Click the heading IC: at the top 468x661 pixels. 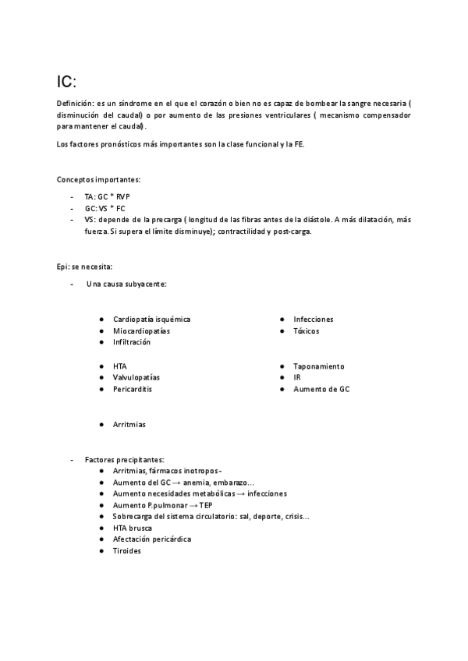click(x=67, y=82)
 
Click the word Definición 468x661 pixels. click(x=75, y=104)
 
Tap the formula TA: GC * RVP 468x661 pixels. click(x=108, y=196)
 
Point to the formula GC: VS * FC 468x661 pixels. click(x=105, y=208)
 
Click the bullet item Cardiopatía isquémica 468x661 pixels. click(x=151, y=320)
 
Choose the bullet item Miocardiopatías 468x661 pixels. click(x=141, y=331)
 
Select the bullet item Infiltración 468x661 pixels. click(x=132, y=342)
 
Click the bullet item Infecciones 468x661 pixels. click(x=314, y=320)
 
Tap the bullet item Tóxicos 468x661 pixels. click(x=307, y=331)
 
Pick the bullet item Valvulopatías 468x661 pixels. click(x=136, y=377)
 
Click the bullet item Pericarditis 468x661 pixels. click(x=133, y=389)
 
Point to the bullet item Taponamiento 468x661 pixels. click(x=319, y=366)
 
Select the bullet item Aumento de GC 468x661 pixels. click(x=321, y=389)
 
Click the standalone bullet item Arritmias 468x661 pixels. click(x=129, y=425)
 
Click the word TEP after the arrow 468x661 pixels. click(x=205, y=505)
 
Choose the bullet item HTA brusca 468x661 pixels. click(x=133, y=528)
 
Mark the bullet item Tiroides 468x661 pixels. click(x=127, y=551)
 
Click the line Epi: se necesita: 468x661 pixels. click(x=84, y=267)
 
